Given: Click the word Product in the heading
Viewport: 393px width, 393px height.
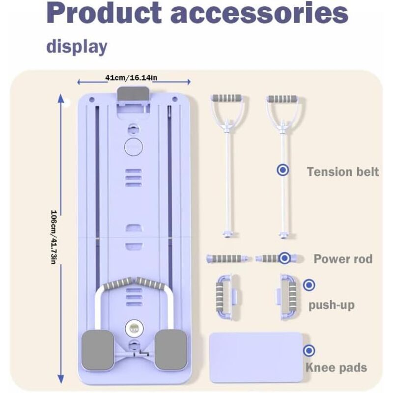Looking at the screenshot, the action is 104,13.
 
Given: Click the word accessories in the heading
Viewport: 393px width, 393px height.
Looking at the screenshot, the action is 259,14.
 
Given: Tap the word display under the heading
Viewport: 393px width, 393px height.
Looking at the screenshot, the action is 77,47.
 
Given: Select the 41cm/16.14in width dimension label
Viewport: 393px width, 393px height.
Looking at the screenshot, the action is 131,78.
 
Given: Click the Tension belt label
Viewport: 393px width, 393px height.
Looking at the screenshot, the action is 343,172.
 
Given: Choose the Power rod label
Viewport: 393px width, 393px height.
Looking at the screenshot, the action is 343,259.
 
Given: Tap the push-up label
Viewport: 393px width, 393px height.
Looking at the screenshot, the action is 331,305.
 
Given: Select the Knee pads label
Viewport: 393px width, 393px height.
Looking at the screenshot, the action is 336,367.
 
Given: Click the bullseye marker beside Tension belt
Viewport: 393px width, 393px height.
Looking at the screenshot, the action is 283,170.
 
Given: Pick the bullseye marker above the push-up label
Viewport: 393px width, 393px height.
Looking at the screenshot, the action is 309,285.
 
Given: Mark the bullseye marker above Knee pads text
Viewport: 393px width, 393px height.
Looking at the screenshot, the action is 309,350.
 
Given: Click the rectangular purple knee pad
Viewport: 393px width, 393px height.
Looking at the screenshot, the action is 256,358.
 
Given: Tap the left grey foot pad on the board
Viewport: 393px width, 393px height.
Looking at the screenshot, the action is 98,350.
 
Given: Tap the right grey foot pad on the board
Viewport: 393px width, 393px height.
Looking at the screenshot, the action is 170,350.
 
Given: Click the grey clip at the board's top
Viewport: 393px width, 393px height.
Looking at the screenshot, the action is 133,94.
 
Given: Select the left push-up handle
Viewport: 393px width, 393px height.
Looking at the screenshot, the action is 227,297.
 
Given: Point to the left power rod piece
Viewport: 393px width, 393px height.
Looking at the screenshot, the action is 228,258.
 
